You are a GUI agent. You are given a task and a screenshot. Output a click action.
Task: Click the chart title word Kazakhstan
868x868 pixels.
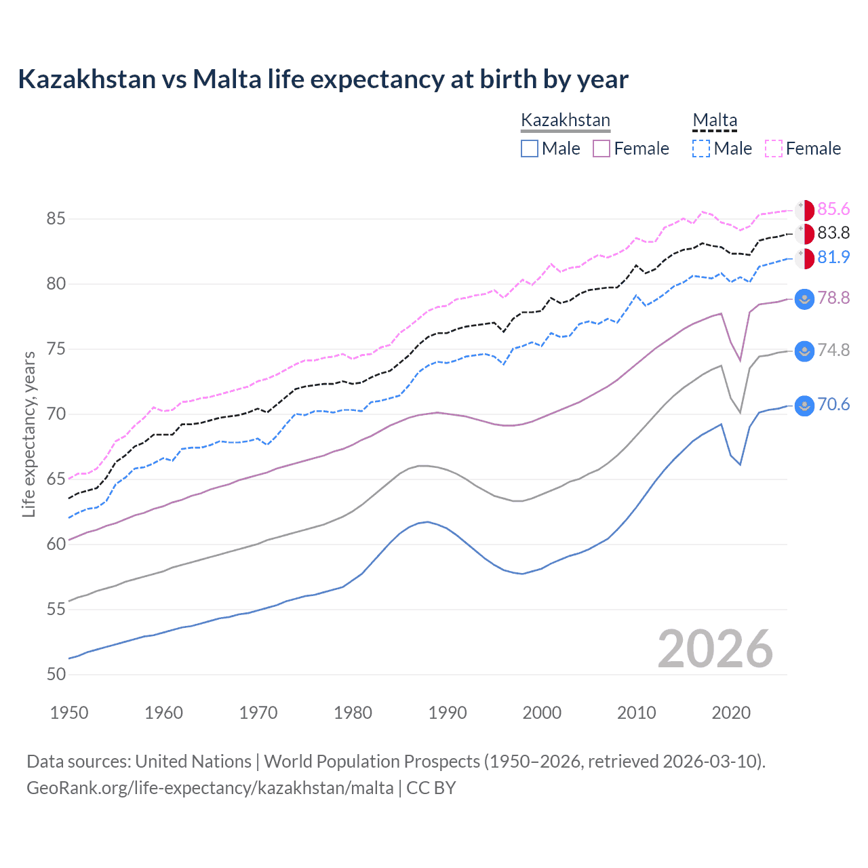click(x=87, y=79)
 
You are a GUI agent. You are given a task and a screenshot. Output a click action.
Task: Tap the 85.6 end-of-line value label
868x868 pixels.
click(x=833, y=209)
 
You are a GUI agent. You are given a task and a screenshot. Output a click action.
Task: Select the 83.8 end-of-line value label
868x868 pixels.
click(x=833, y=233)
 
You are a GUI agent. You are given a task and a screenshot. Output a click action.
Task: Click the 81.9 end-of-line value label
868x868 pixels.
click(x=833, y=258)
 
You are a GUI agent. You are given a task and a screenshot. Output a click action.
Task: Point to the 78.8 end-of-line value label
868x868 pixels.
click(x=833, y=298)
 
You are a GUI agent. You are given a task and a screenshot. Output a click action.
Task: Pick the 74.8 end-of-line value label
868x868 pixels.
click(x=833, y=351)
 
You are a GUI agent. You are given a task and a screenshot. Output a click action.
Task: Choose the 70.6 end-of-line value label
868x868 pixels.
click(x=833, y=405)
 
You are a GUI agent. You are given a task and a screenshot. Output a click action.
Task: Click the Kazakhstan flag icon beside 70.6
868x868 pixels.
click(x=804, y=406)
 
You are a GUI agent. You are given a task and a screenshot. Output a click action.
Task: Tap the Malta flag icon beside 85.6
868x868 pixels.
click(x=804, y=210)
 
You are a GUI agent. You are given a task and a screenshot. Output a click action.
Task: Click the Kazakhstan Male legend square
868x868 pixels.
click(x=530, y=149)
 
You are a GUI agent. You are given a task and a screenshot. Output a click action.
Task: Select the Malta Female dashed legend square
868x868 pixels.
click(x=774, y=149)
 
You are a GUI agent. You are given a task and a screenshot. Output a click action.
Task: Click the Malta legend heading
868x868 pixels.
click(x=715, y=121)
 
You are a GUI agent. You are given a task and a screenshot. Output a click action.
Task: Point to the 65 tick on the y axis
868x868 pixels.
click(x=56, y=479)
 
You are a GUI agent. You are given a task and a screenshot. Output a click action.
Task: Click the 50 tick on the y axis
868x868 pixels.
click(x=56, y=675)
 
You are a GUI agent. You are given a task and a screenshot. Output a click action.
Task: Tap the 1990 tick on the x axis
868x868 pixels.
click(x=448, y=713)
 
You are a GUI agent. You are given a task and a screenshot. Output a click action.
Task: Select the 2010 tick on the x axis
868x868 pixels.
click(x=636, y=713)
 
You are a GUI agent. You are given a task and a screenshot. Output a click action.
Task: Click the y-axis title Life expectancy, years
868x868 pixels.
click(x=29, y=434)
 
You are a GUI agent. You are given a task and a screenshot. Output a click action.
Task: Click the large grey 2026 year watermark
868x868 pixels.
click(x=715, y=649)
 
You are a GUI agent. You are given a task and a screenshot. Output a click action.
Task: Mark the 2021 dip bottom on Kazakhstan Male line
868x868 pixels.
click(x=740, y=465)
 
